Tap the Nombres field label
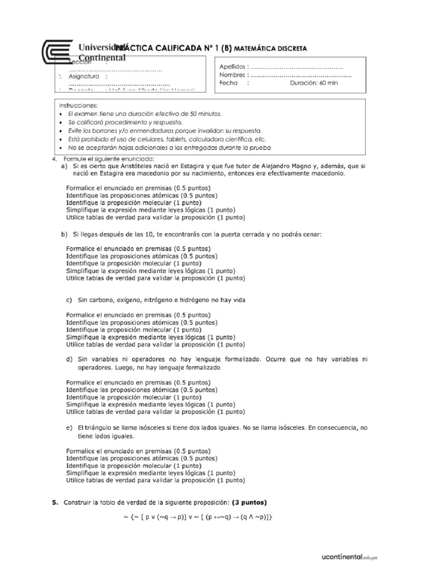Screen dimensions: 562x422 tap(232, 75)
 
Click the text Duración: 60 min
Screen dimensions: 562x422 tap(314, 83)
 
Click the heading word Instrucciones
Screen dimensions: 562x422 tap(78, 105)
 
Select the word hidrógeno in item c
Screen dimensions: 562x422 tap(192, 300)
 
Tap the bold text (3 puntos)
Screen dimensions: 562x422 tap(249, 502)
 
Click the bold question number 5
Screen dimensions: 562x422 tap(54, 502)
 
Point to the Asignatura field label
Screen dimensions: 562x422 tap(84, 76)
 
